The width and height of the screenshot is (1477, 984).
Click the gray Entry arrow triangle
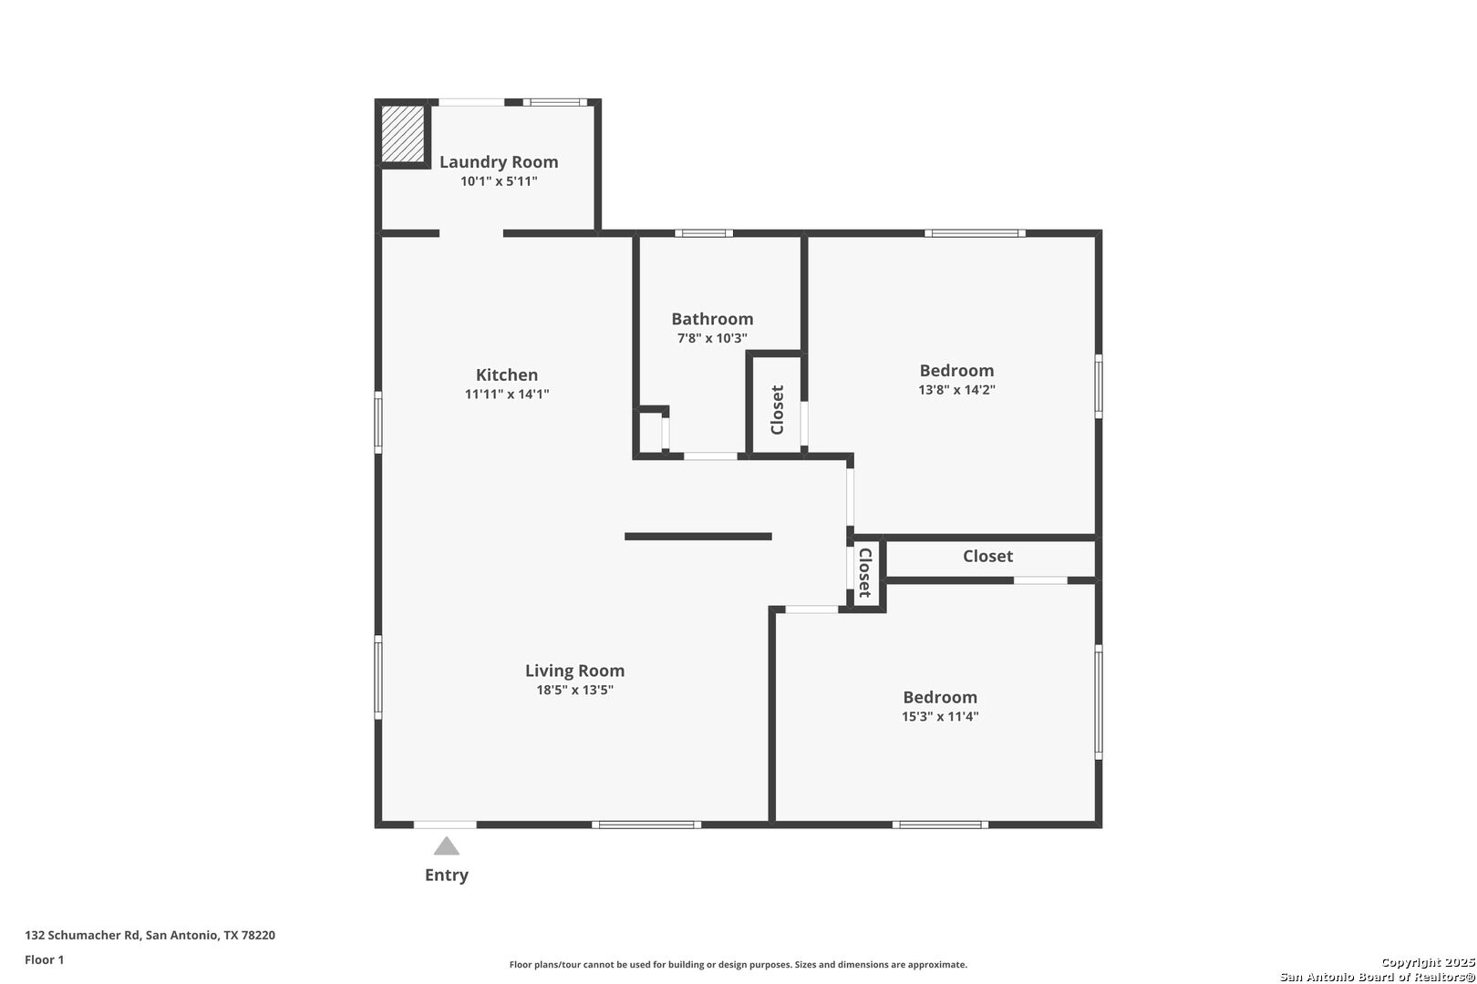(x=447, y=846)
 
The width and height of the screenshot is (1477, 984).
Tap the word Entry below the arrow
(x=447, y=876)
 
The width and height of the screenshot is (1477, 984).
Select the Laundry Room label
(x=499, y=161)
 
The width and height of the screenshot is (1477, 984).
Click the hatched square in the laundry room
(x=403, y=134)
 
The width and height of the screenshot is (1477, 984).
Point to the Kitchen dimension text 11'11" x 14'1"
(x=506, y=395)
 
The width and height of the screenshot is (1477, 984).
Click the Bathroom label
(x=712, y=319)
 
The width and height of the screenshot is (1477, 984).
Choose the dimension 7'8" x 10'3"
(x=712, y=338)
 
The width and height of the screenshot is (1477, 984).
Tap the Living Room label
(x=574, y=671)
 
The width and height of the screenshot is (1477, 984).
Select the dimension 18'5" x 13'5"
(x=574, y=690)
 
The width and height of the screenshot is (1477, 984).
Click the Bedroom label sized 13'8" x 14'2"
(x=956, y=371)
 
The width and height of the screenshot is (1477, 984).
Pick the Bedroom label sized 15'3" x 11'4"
(x=940, y=697)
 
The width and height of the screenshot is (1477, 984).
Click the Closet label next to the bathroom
(x=778, y=410)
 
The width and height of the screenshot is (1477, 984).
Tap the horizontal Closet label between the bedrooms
(x=987, y=557)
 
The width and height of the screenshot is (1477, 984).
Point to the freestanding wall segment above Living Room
(x=698, y=537)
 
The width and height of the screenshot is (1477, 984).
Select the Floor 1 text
(x=44, y=959)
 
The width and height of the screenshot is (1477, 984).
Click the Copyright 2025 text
(x=1428, y=963)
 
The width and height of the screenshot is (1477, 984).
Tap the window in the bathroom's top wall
(x=704, y=232)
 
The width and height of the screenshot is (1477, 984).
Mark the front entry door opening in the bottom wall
(x=445, y=825)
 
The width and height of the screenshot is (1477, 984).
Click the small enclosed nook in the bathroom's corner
(x=651, y=433)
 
